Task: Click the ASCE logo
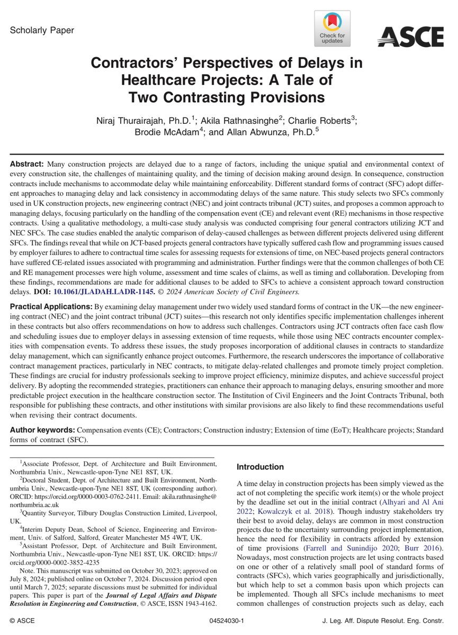click(410, 37)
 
